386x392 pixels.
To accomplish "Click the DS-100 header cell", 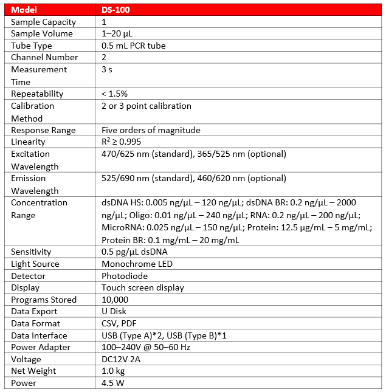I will click(115, 10).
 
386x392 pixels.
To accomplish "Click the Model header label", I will click(24, 10).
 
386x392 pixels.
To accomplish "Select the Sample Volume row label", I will click(41, 33).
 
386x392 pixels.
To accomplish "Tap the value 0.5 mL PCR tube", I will click(133, 46).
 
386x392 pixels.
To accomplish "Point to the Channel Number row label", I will click(44, 57).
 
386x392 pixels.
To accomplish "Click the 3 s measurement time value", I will click(106, 69).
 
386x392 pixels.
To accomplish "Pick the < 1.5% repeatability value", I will click(114, 94).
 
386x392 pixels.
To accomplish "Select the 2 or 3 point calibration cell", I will click(146, 106).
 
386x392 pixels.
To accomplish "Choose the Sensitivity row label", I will click(31, 252).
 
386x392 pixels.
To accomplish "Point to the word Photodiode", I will click(125, 276).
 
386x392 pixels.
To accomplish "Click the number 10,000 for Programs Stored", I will click(115, 300).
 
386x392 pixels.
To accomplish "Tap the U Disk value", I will click(114, 311).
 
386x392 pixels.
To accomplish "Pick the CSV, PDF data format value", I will click(119, 323).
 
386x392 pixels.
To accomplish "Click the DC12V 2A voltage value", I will click(123, 359).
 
